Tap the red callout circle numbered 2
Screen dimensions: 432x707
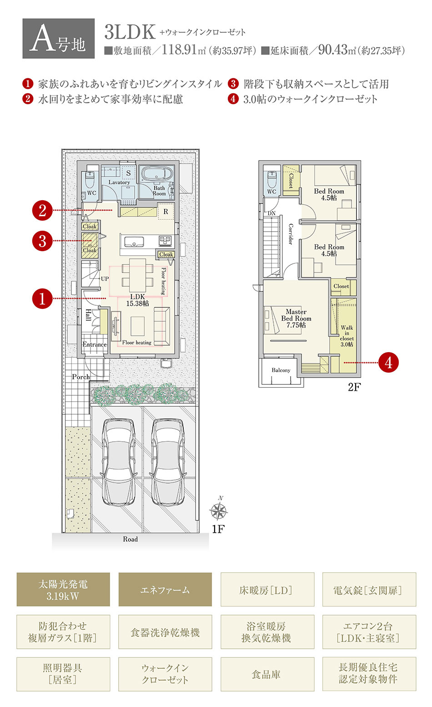(42, 211)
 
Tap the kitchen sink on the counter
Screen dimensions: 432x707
(135, 242)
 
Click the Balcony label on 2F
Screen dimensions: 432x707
(281, 370)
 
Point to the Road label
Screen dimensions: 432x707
(131, 539)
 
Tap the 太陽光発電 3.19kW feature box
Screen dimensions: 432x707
(63, 590)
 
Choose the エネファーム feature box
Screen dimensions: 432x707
(165, 590)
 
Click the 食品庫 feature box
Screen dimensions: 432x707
(267, 674)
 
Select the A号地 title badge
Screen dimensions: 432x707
(58, 39)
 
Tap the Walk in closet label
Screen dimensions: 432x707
(347, 336)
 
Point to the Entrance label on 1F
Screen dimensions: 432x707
(94, 344)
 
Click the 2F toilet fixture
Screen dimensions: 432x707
(271, 179)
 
